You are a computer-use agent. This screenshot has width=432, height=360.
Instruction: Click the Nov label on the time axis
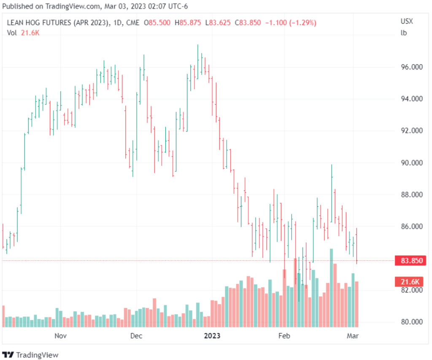(61, 336)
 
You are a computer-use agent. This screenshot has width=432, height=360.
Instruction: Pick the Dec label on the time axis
(136, 336)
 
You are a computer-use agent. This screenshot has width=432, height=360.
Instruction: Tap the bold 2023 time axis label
(212, 336)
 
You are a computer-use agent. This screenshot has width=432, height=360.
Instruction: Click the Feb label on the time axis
(284, 336)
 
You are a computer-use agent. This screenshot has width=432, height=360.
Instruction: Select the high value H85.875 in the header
(190, 23)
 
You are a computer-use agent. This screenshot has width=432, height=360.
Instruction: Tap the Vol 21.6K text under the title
(23, 33)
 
